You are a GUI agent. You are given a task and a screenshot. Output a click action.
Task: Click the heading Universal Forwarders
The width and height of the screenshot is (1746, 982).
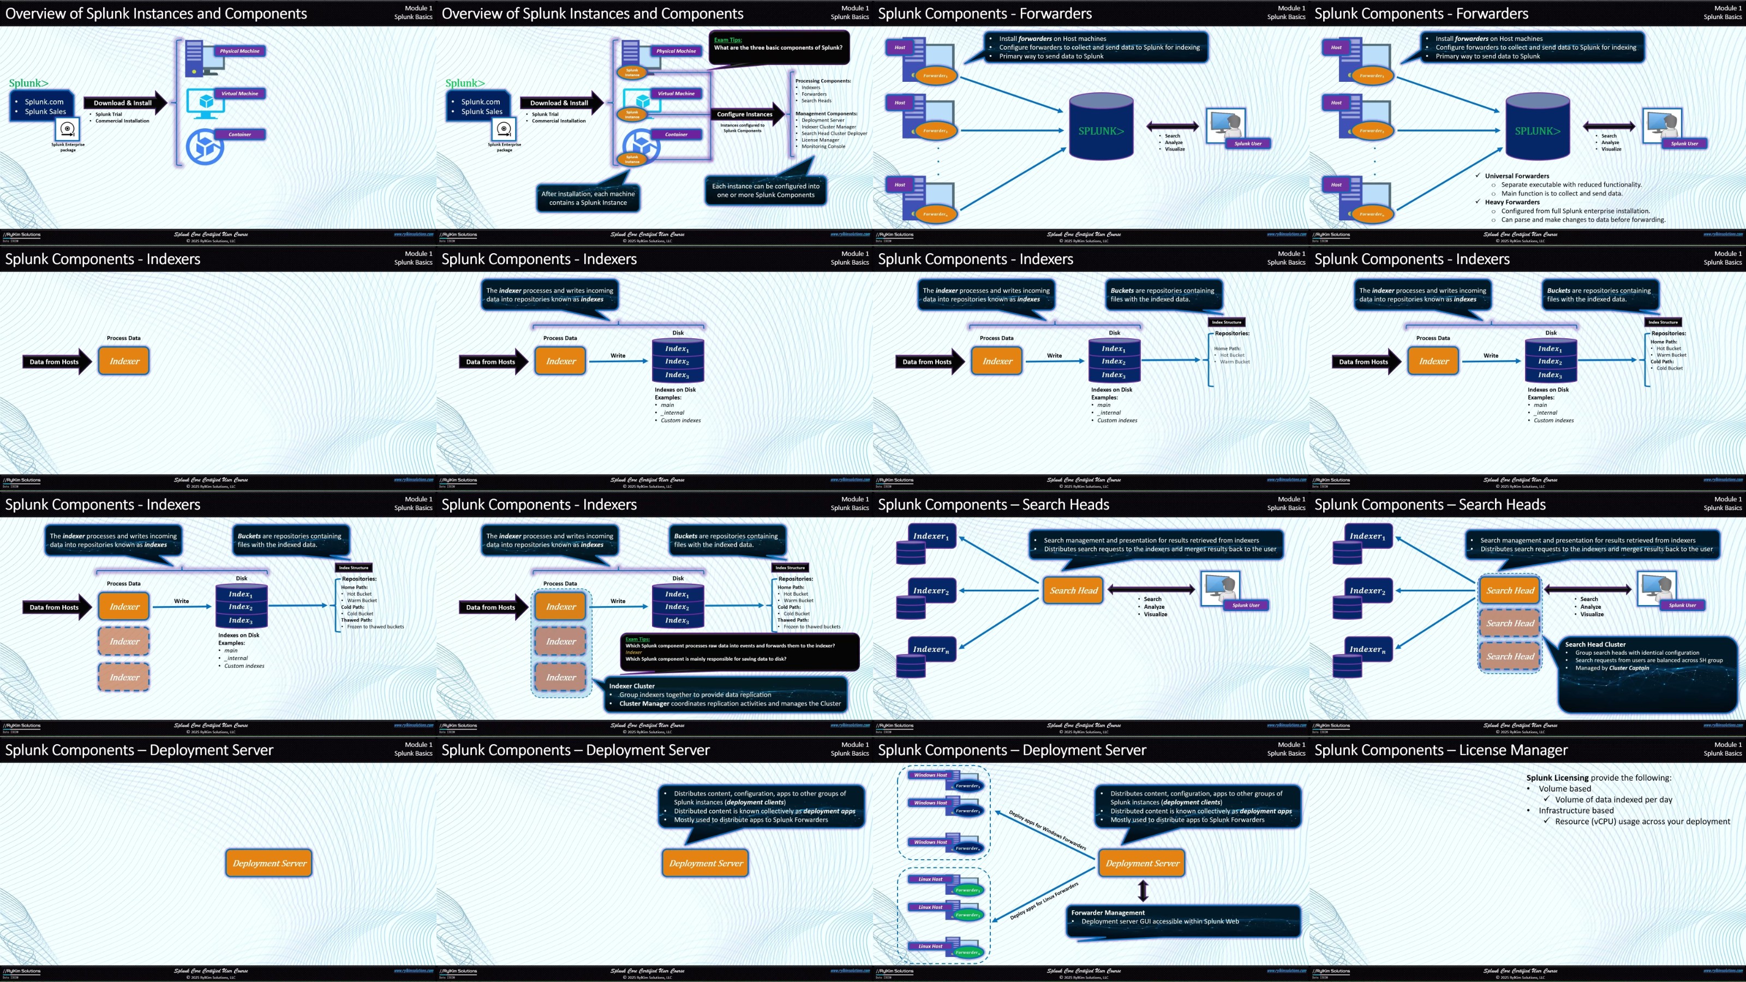coord(1517,176)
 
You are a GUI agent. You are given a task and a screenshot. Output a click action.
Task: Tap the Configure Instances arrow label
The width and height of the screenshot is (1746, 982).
coord(744,114)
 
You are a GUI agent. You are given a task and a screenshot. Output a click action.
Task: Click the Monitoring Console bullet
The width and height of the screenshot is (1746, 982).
coord(823,146)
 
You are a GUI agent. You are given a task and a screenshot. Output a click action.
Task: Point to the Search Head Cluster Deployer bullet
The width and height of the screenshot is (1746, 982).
coord(834,134)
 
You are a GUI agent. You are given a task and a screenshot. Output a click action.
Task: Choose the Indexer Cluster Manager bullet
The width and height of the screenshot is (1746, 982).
coord(828,127)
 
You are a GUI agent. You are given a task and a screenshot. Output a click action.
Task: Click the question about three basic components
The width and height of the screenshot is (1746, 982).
coord(778,48)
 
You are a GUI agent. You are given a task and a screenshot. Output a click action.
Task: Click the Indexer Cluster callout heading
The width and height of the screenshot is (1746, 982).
coord(632,686)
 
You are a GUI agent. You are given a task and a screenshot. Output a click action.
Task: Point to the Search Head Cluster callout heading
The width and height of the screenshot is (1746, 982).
coord(1595,644)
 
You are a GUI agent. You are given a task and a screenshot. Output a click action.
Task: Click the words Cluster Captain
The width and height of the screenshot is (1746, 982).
coord(1629,668)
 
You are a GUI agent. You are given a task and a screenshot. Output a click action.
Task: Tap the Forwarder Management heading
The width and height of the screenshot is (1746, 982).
coord(1108,912)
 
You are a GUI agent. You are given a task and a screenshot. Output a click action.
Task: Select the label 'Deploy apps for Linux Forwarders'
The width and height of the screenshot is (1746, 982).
coord(1044,901)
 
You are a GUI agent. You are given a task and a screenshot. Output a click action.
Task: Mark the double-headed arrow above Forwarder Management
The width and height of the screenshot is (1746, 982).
coord(1143,890)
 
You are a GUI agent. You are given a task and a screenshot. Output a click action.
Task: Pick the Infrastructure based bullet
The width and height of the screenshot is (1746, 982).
coord(1576,811)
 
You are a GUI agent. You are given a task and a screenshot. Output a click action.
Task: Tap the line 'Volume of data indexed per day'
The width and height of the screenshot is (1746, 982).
coord(1613,800)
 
